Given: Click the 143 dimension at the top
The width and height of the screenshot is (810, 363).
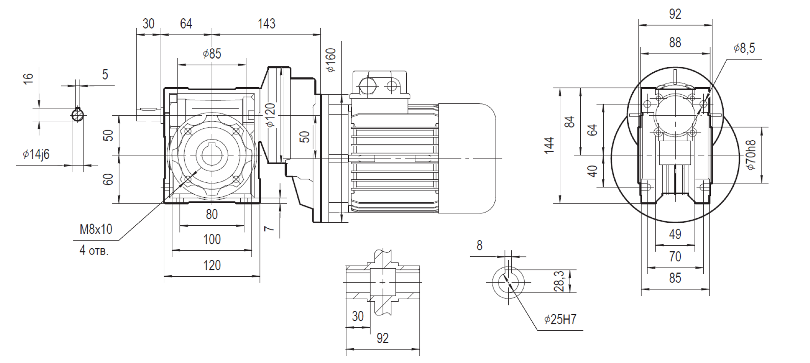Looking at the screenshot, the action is pos(266,24).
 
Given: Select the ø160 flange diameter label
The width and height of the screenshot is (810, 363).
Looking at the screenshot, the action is pos(331,60).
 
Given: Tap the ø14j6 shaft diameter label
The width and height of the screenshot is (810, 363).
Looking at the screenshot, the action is pos(36,154).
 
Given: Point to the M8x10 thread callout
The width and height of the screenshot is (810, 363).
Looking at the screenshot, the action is pos(96,230).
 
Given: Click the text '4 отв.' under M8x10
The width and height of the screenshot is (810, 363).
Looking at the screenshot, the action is pos(94,250).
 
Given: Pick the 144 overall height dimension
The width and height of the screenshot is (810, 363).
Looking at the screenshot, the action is pos(549,145).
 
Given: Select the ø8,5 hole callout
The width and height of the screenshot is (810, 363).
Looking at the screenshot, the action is pos(744,48).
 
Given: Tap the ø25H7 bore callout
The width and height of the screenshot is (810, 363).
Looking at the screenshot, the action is pos(560,319).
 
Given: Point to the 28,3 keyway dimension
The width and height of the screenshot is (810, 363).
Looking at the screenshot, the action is pos(559,281).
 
